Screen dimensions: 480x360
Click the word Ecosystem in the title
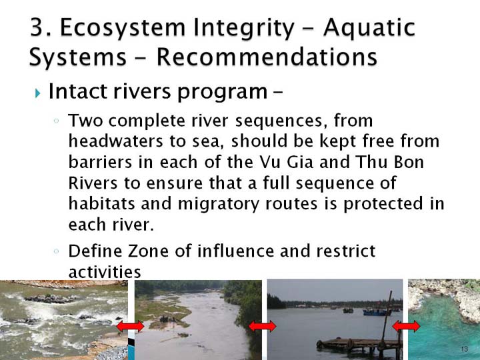(x=123, y=28)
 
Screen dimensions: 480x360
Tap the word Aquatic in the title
(x=369, y=28)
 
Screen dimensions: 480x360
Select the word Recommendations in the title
(x=267, y=57)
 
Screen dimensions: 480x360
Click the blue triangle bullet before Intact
(x=37, y=93)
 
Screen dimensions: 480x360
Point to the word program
(x=223, y=92)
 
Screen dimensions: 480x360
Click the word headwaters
(x=116, y=141)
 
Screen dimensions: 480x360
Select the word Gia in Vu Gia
(x=300, y=162)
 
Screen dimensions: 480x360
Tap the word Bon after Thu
(x=409, y=162)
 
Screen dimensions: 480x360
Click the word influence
(x=235, y=251)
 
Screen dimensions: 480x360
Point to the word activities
(x=105, y=271)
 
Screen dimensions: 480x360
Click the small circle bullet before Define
(x=56, y=251)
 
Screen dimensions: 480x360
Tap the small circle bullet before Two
(x=56, y=121)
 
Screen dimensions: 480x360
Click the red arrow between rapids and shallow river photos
(x=131, y=326)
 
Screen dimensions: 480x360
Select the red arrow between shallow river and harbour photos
(x=263, y=326)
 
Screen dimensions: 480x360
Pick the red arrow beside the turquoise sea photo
(x=406, y=326)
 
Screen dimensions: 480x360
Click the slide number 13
(x=465, y=349)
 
